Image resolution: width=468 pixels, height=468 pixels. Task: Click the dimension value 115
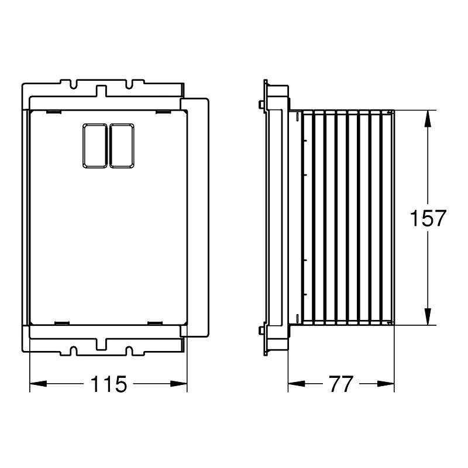[109, 384]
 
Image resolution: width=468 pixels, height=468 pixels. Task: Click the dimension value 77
[341, 384]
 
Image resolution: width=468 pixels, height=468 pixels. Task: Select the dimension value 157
[428, 218]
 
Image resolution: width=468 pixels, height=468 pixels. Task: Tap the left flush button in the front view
[95, 146]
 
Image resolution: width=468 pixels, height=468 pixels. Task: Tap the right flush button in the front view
[122, 146]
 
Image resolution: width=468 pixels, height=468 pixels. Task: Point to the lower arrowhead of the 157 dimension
[428, 317]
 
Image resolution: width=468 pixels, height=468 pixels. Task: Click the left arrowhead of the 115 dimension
[38, 384]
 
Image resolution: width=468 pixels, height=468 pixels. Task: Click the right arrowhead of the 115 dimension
[179, 384]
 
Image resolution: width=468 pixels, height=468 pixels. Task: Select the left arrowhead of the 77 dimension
[297, 384]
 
